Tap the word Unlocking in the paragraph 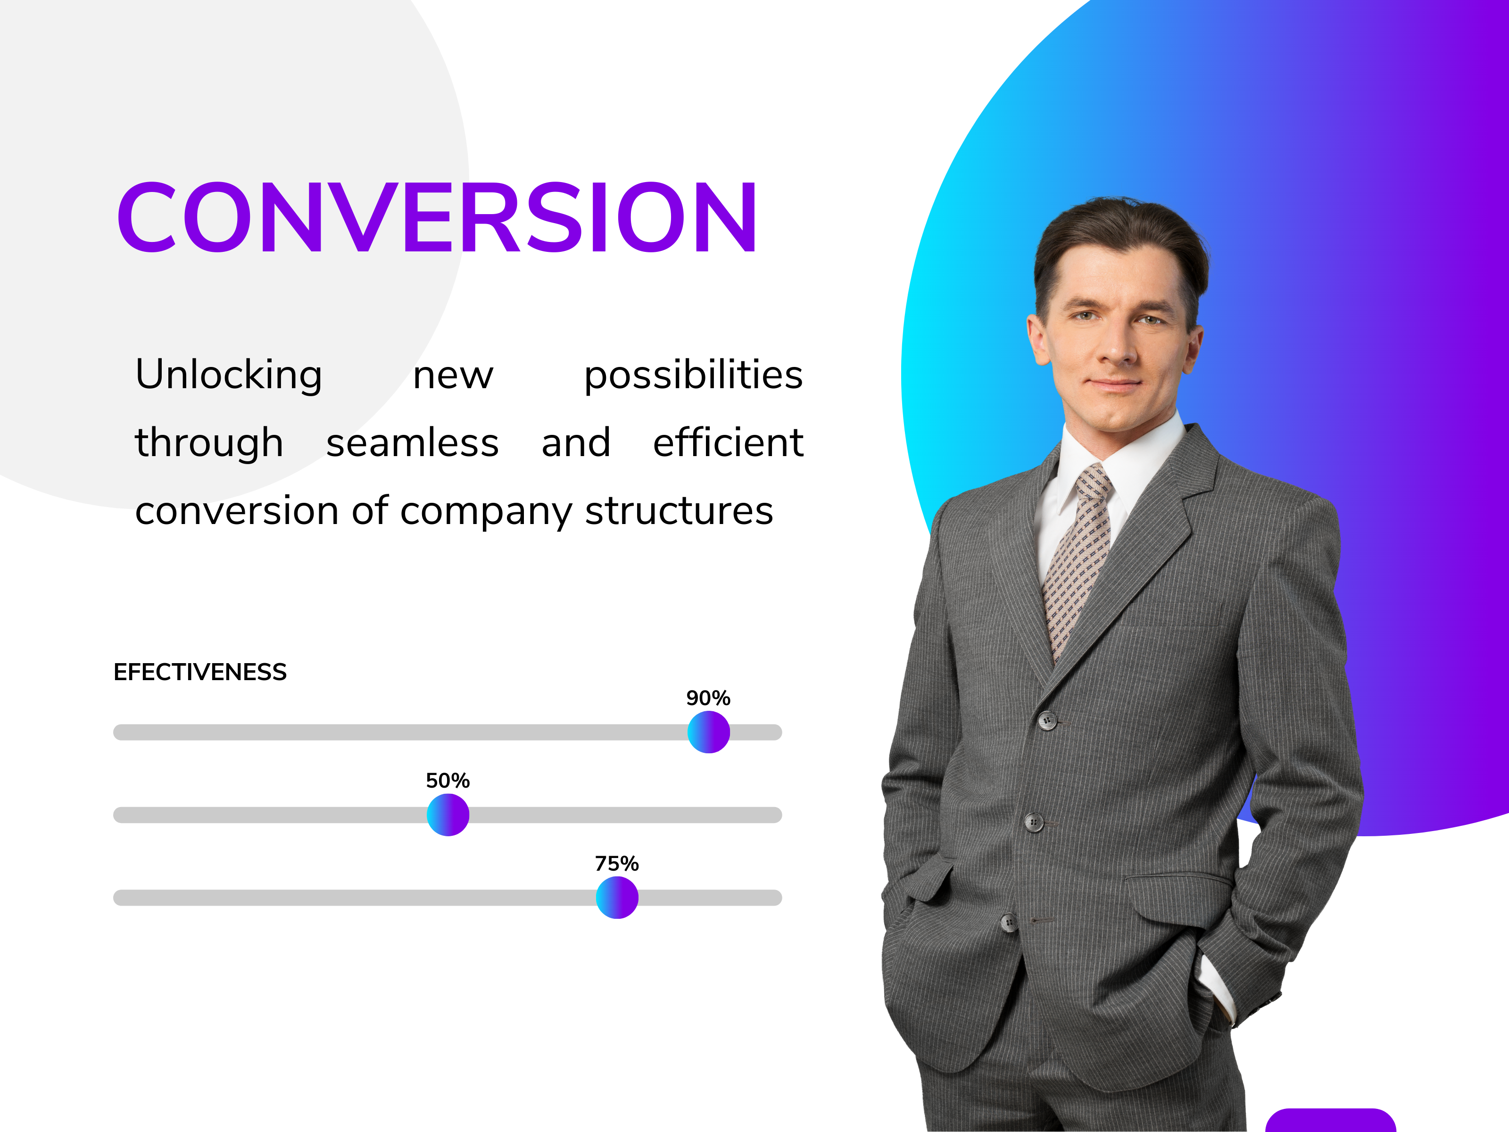click(x=229, y=375)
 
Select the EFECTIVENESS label click(x=200, y=672)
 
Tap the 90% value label click(x=708, y=698)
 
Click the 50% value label click(x=448, y=781)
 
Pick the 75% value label click(x=617, y=864)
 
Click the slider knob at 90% click(x=708, y=732)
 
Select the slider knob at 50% click(x=448, y=815)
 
